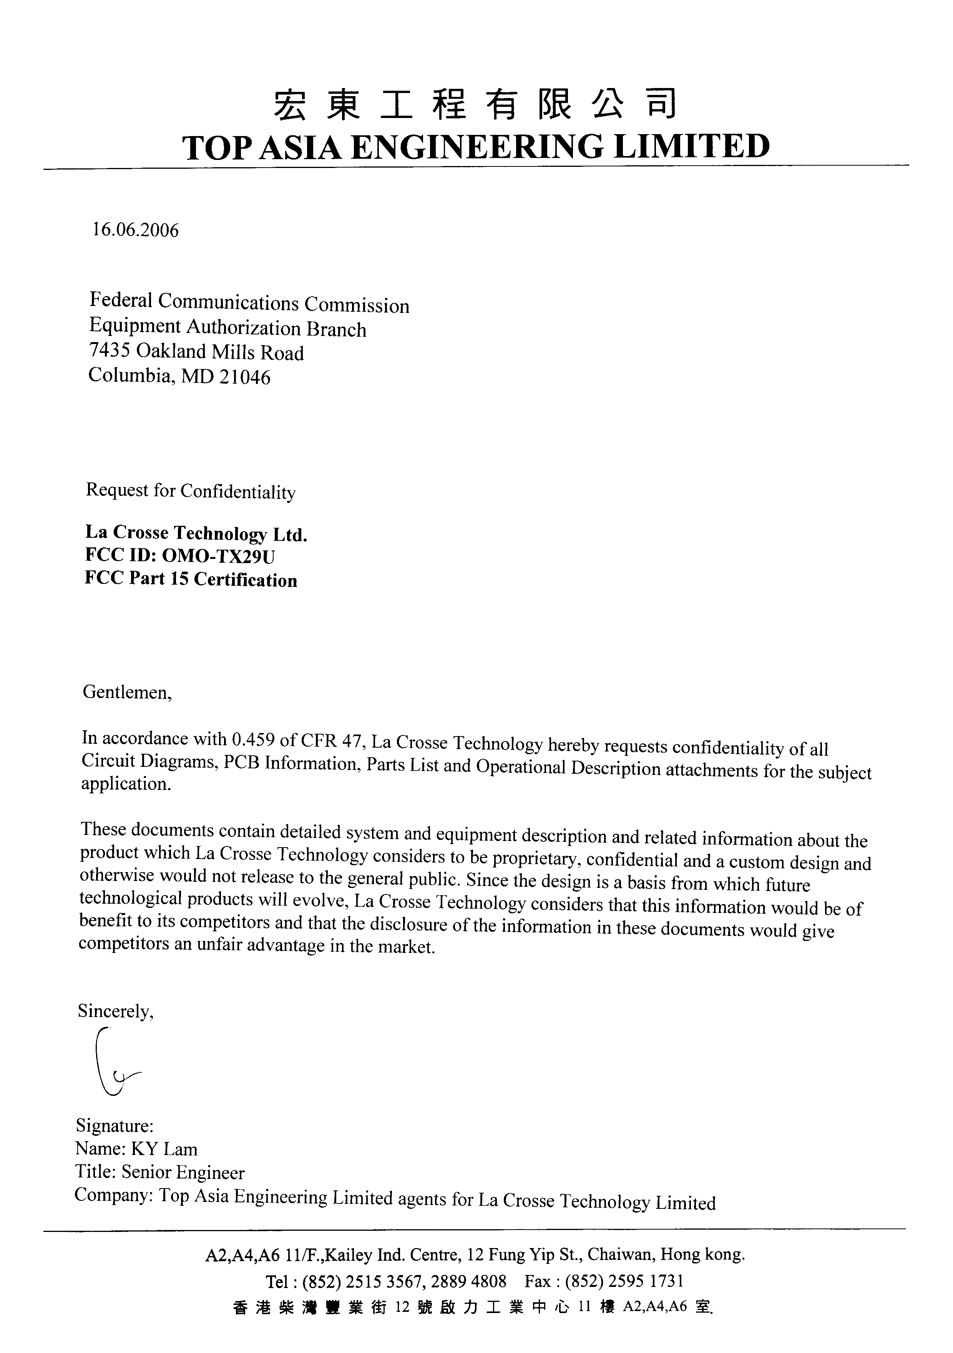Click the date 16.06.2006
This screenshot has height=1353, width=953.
(135, 230)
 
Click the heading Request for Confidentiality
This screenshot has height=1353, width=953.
(190, 491)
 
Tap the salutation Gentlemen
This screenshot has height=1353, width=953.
(126, 692)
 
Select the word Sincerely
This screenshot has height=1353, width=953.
(115, 1011)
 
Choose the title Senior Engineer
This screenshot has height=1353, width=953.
(183, 1173)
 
